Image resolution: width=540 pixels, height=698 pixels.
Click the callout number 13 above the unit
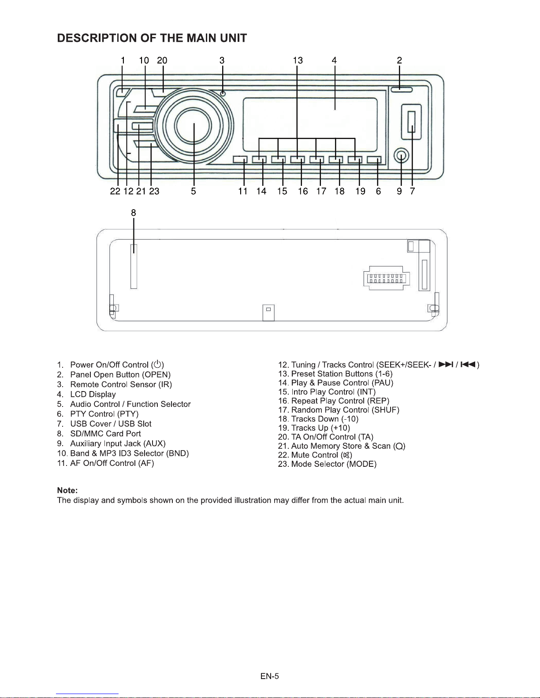298,60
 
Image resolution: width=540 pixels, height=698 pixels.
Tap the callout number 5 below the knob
193,191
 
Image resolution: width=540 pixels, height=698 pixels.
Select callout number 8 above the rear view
134,213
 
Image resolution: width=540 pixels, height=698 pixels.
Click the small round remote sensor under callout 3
223,93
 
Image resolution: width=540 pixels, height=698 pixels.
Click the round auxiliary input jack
401,156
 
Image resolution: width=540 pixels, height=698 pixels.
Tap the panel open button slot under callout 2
402,89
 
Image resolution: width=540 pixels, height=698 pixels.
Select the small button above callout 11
240,160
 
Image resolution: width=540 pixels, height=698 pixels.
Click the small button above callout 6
374,160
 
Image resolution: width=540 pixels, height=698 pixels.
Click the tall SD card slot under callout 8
134,266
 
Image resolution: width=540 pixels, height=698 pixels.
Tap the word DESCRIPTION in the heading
97,38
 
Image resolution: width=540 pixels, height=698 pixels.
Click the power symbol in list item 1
157,364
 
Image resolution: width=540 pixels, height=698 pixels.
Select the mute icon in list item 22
346,455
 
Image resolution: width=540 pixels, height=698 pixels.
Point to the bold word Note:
67,490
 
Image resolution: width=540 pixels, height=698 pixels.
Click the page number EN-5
269,676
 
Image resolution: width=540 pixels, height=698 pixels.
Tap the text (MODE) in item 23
361,464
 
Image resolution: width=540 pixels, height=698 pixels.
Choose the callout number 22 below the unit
115,191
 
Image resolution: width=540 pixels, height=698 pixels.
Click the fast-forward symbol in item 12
446,364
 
